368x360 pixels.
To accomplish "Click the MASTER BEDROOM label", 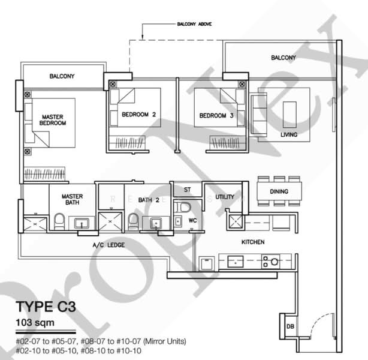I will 53,119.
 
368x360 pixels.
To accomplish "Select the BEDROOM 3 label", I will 216,115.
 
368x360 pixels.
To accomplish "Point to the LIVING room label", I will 289,135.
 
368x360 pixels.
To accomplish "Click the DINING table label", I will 278,192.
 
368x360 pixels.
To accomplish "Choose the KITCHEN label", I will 253,242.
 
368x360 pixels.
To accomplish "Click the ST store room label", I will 187,190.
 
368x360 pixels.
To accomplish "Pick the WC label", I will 192,220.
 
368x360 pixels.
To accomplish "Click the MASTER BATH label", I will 72,200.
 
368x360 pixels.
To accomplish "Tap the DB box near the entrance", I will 290,326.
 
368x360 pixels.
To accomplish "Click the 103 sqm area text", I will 35,325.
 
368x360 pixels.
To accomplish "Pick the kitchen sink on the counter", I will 235,261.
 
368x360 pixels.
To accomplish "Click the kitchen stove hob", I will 270,261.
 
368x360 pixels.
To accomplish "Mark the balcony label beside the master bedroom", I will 61,77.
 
